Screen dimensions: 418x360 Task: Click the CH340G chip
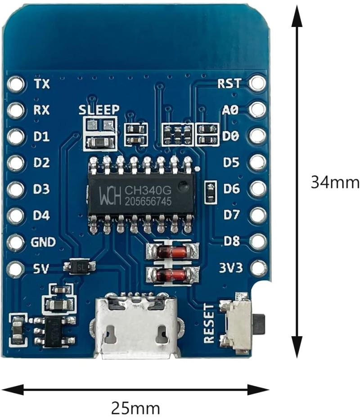pyautogui.click(x=141, y=194)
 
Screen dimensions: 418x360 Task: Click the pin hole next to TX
pyautogui.click(x=16, y=84)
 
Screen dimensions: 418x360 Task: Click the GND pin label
pyautogui.click(x=43, y=243)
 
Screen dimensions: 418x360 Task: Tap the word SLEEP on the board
pyautogui.click(x=99, y=109)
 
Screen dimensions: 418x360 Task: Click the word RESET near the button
pyautogui.click(x=209, y=323)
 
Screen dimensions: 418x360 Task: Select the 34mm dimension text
pyautogui.click(x=335, y=182)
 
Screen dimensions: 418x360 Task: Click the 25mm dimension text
pyautogui.click(x=135, y=408)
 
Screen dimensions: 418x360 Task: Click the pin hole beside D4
pyautogui.click(x=16, y=216)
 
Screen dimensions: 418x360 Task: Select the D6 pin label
pyautogui.click(x=232, y=189)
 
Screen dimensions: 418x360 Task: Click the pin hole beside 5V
pyautogui.click(x=16, y=269)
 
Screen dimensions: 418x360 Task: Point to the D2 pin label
pyautogui.click(x=41, y=163)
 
